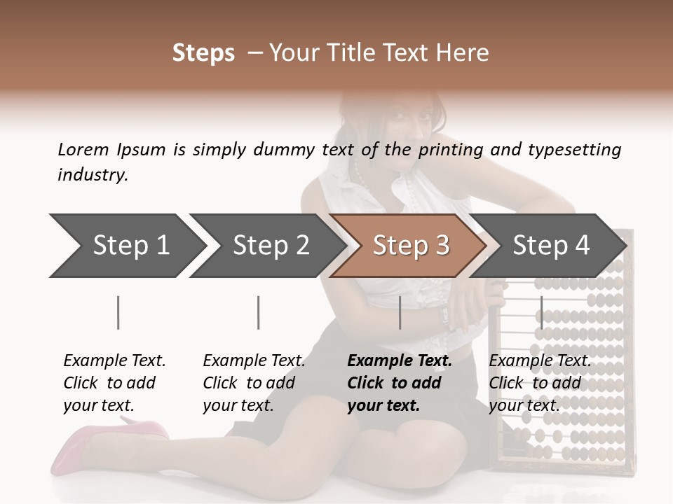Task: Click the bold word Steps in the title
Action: point(203,53)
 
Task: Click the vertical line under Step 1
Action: point(118,312)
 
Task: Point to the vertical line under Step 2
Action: point(259,312)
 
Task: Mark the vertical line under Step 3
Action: point(400,312)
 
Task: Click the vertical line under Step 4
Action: point(541,312)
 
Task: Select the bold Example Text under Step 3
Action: point(400,383)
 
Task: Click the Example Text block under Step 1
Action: point(114,383)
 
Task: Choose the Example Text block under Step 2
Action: point(254,383)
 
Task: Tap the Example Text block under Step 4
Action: point(540,383)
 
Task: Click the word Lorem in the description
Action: point(83,150)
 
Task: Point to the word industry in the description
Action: point(93,175)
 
